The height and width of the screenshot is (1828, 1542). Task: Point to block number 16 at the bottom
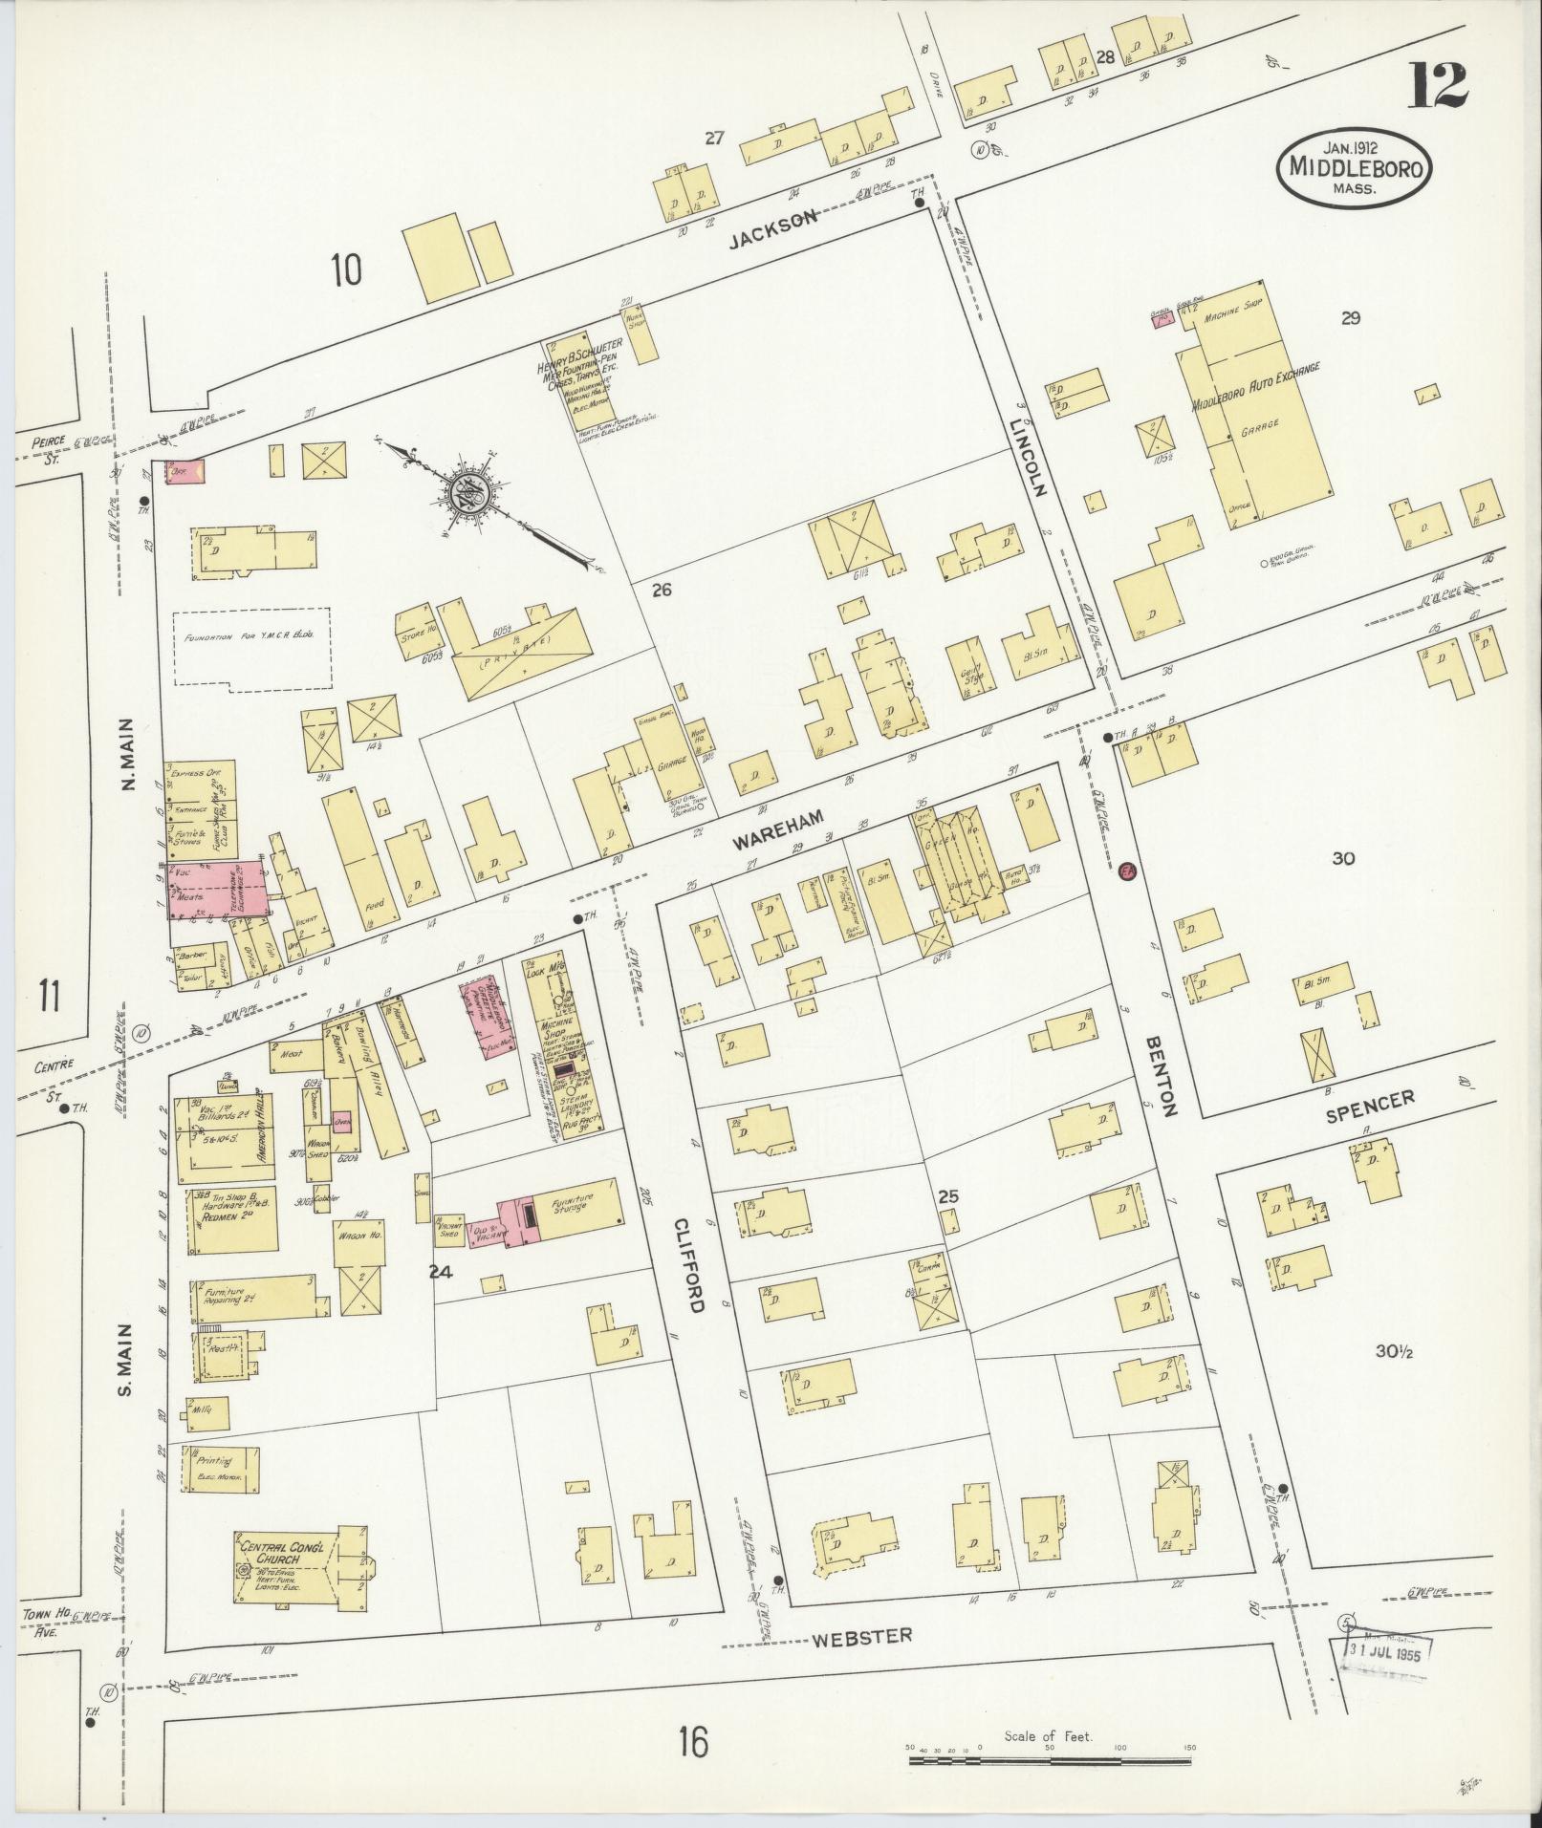tap(693, 1742)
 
